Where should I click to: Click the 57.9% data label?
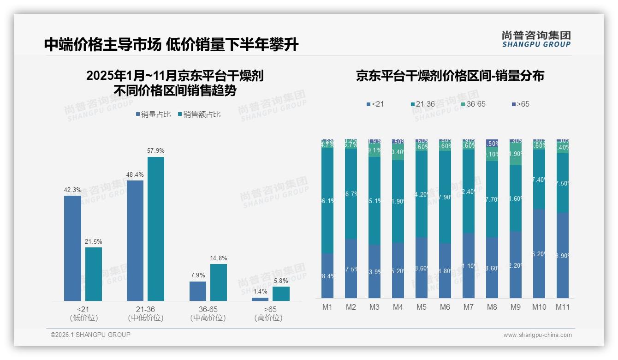(x=156, y=151)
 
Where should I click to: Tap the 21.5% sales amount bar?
(x=94, y=274)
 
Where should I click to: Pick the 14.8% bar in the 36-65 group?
(x=219, y=282)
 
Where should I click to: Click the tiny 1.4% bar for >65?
(x=260, y=299)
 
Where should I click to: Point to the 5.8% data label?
(x=281, y=281)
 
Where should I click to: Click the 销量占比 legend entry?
(x=154, y=114)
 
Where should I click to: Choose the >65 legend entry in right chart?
(x=520, y=104)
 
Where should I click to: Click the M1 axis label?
(x=327, y=307)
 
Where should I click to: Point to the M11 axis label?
(x=563, y=307)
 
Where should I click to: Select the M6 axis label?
(x=445, y=307)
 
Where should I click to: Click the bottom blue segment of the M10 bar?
(x=539, y=253)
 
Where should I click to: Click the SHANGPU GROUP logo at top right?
(x=536, y=39)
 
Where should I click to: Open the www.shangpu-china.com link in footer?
(x=537, y=335)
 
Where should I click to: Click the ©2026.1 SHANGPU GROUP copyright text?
(x=90, y=335)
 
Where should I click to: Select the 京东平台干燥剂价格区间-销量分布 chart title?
(x=450, y=76)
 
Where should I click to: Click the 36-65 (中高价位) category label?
(x=208, y=313)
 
